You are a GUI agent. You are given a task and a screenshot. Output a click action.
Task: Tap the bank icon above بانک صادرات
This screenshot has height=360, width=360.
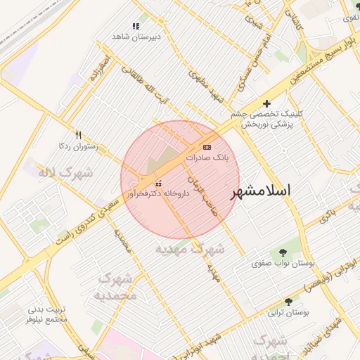point(206,147)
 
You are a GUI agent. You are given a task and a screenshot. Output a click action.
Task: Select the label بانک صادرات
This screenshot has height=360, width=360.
point(207,158)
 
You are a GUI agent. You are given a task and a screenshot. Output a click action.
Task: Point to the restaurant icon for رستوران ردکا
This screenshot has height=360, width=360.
point(78,135)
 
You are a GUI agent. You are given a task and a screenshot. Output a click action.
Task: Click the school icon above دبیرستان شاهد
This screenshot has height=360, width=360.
point(136,25)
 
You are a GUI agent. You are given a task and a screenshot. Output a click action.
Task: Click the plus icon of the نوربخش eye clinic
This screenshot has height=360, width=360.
point(266,103)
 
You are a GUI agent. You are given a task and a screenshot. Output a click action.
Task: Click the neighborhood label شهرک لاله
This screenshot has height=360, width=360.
point(56,172)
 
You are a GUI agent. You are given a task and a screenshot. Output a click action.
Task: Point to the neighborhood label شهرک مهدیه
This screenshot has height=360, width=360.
point(190,249)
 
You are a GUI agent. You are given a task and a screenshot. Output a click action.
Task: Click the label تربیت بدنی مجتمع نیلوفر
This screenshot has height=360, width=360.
point(46,314)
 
